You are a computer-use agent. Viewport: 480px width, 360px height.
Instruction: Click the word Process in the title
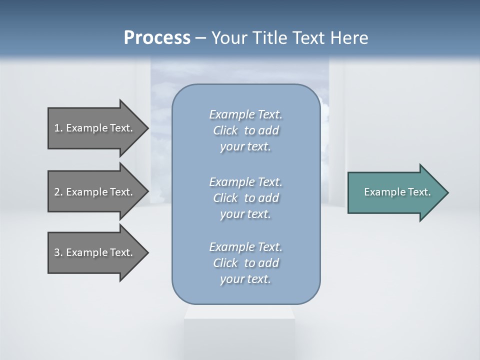(x=157, y=38)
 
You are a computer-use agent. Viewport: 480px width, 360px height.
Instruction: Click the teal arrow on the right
(x=395, y=192)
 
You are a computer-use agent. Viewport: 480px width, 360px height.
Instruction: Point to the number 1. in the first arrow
(x=58, y=128)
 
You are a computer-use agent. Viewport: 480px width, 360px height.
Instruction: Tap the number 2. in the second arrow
(x=58, y=192)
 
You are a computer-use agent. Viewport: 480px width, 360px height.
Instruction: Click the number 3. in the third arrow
(x=58, y=252)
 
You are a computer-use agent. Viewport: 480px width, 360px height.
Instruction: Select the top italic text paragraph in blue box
(x=245, y=130)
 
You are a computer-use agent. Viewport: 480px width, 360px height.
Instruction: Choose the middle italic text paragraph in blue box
(x=245, y=197)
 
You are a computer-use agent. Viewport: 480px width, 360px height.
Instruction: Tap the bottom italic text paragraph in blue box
(x=245, y=263)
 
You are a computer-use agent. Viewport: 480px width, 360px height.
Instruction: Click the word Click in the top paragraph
(x=225, y=130)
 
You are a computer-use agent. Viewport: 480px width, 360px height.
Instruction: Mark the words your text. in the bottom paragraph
(x=245, y=279)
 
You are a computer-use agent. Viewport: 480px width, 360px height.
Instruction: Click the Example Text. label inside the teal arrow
(x=397, y=192)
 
